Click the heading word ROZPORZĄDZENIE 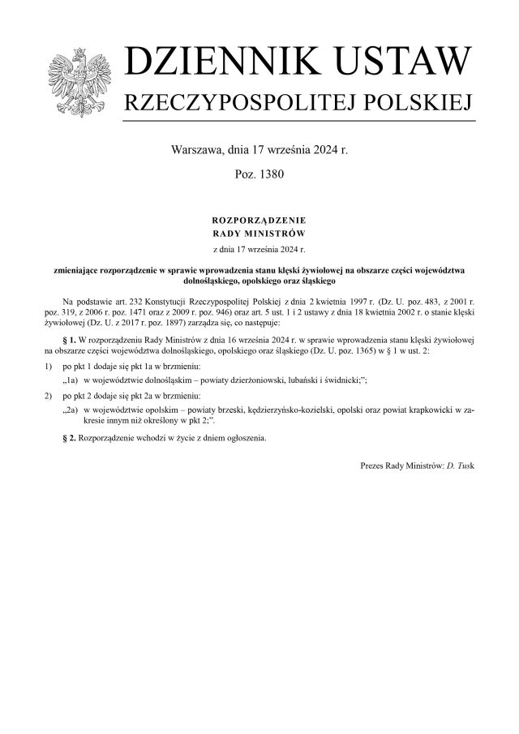pyautogui.click(x=259, y=220)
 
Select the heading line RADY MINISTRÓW pyautogui.click(x=259, y=233)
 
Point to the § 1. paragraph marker pyautogui.click(x=70, y=337)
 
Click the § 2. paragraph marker pyautogui.click(x=70, y=438)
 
